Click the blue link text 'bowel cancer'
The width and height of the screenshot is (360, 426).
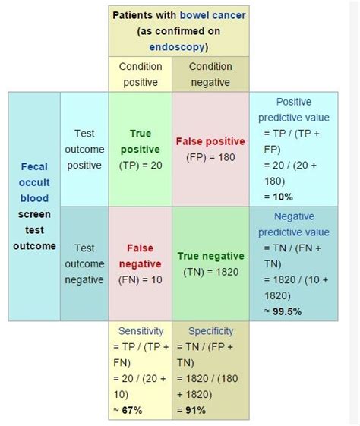[213, 15]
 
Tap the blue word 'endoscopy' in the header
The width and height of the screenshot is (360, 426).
[177, 47]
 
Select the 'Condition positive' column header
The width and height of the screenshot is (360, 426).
[141, 74]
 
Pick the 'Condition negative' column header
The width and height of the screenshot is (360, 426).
[210, 74]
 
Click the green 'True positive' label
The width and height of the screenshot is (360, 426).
[141, 141]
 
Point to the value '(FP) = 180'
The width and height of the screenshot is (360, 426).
[210, 157]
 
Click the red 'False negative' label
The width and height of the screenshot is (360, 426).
[141, 256]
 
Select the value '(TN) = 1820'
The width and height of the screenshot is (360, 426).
[211, 272]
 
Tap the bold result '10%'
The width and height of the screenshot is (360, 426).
[283, 197]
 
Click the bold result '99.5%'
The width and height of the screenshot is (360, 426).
[287, 311]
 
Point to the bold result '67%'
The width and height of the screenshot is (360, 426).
[132, 410]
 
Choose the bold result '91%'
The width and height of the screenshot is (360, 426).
[196, 410]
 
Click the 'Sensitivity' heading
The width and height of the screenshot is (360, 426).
[141, 331]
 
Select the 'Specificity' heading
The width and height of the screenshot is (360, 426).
[211, 331]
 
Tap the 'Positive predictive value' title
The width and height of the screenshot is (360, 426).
[294, 110]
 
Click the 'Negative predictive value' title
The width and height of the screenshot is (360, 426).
[294, 225]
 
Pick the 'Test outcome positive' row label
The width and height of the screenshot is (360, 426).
[84, 149]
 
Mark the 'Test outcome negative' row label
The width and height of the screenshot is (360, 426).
[84, 263]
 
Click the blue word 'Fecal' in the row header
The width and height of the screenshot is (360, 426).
[34, 166]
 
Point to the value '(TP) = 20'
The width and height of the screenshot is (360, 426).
[141, 166]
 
